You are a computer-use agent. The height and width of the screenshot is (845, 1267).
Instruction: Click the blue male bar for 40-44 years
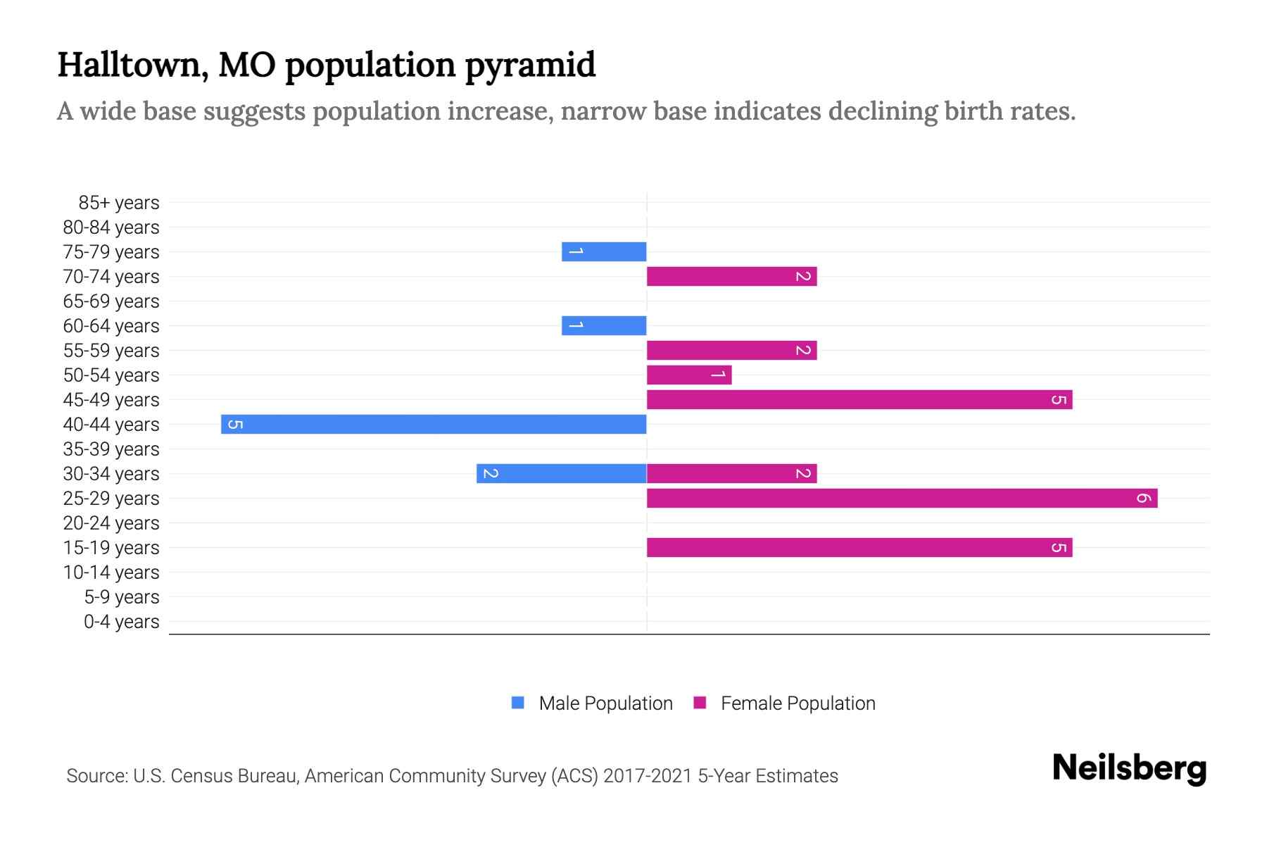point(434,424)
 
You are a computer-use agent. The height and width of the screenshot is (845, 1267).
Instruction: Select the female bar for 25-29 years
point(902,498)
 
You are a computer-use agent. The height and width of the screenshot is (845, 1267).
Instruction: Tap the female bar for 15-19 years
point(859,547)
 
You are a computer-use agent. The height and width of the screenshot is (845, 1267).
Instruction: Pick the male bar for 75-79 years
point(604,251)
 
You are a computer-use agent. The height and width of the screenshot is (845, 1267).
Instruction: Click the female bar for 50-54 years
point(688,375)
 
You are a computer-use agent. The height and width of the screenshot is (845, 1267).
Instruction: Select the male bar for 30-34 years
point(561,473)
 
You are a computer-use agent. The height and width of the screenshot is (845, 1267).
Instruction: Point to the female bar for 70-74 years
point(731,276)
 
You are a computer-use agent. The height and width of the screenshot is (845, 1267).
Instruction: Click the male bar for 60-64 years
point(604,325)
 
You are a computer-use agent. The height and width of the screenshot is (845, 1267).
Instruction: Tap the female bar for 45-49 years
point(859,399)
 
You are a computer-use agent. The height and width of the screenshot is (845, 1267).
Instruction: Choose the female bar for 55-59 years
point(731,350)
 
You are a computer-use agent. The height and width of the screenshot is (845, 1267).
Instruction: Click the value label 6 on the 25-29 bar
point(1143,499)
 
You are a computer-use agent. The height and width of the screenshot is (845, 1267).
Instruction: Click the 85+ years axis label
point(119,203)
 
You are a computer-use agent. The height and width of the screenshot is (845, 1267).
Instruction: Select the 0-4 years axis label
point(121,622)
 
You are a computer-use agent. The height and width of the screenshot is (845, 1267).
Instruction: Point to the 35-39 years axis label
point(111,449)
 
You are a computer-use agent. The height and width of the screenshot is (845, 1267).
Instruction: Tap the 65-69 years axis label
point(111,301)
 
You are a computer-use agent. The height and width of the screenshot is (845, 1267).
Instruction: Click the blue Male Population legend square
point(518,703)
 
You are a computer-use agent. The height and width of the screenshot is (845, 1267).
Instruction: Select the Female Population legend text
point(798,703)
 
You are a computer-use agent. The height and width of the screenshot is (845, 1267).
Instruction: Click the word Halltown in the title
point(132,65)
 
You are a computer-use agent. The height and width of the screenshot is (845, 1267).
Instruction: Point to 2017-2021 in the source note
point(648,776)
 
